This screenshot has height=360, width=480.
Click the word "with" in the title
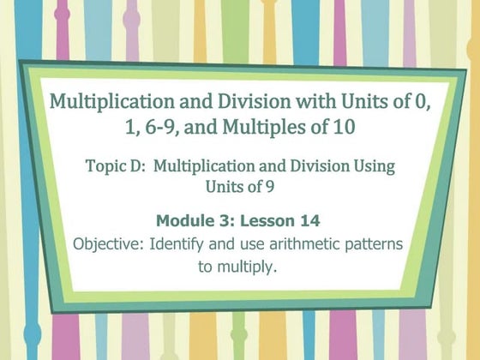click(316, 101)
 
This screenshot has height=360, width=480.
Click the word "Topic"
click(102, 167)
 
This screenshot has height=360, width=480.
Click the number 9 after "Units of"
click(269, 186)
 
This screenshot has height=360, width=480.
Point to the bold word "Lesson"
click(267, 221)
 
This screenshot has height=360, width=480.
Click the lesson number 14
click(309, 221)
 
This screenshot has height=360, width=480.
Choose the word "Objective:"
click(108, 244)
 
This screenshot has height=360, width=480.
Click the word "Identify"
click(177, 245)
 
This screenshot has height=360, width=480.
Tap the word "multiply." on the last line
click(247, 267)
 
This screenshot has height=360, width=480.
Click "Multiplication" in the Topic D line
click(204, 167)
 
